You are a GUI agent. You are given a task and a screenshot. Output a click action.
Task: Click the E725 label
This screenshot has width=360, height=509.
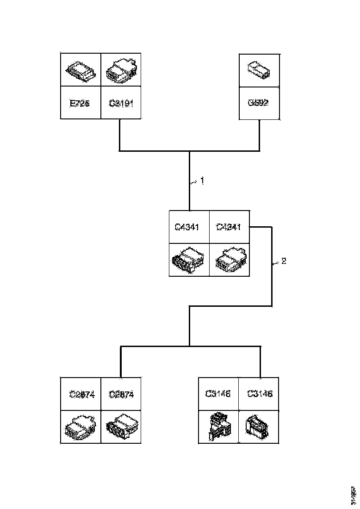click(x=80, y=103)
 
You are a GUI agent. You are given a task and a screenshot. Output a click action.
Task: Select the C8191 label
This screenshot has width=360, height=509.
click(x=121, y=103)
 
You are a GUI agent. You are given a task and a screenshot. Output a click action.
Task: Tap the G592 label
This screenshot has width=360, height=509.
click(x=259, y=103)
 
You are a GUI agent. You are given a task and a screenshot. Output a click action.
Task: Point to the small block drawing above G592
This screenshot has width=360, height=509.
click(x=258, y=70)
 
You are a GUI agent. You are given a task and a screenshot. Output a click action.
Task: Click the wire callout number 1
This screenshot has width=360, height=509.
click(x=202, y=181)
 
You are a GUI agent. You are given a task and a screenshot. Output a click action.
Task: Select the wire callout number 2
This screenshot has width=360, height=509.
click(x=284, y=261)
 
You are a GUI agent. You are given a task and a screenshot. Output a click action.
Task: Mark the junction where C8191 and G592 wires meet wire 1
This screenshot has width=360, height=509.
click(x=189, y=151)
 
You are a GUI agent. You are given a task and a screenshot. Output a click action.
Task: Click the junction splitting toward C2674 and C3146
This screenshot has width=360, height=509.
click(x=189, y=346)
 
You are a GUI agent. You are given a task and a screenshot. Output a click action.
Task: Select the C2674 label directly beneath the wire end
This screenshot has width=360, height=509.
click(x=121, y=394)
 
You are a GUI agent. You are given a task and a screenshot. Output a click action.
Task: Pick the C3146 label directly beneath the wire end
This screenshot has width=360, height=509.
click(x=260, y=394)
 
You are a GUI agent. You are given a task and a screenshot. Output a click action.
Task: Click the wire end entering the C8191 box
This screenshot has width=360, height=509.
click(x=120, y=120)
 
